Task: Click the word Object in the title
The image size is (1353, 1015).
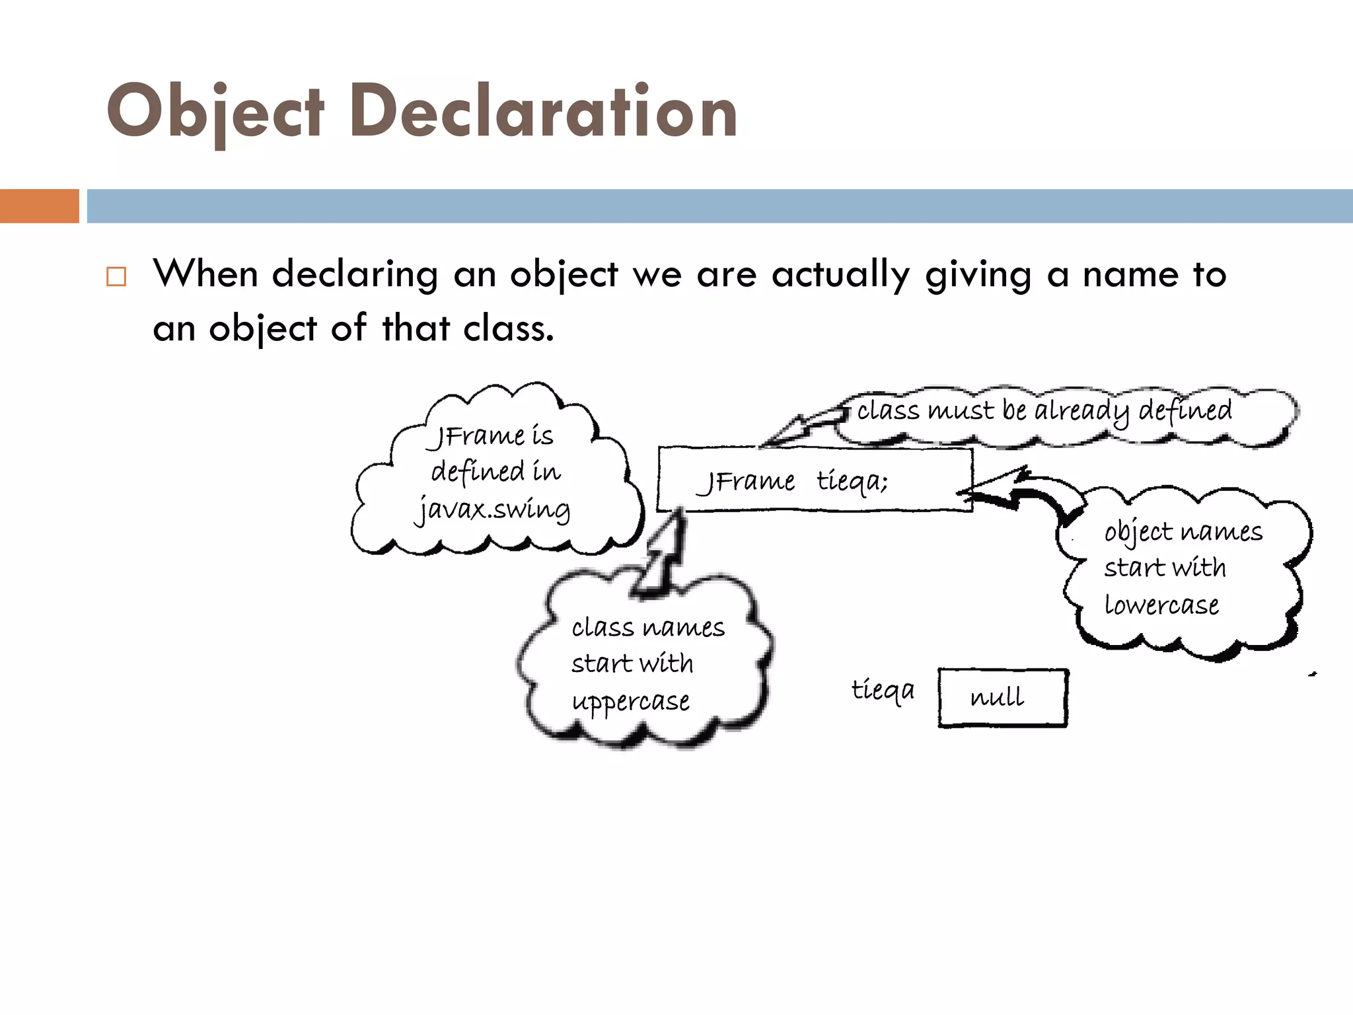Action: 215,112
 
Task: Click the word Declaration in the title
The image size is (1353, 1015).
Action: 543,112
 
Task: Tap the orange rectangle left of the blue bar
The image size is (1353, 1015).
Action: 39,206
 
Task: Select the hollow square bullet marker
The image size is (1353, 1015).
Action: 116,276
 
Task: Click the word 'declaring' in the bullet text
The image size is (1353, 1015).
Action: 355,275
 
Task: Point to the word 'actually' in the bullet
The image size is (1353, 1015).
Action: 840,275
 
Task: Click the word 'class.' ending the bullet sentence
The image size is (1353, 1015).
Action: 508,328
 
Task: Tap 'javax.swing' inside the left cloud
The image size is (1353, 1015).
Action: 493,509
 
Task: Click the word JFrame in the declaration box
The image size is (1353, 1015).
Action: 747,481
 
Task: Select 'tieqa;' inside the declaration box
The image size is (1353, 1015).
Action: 852,481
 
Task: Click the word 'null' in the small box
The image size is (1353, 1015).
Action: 998,697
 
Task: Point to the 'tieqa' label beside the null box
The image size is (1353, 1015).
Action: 883,691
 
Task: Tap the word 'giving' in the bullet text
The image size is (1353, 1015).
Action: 978,275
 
